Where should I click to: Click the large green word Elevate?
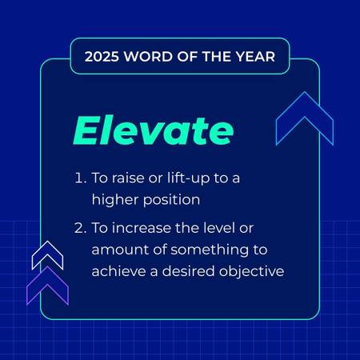coord(154,130)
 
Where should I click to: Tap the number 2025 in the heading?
coord(102,57)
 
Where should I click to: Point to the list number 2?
coord(81,228)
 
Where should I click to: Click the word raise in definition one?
coord(128,178)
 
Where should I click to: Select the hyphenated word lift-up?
coord(188,178)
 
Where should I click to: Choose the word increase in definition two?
coord(142,228)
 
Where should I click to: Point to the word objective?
coord(251,272)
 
